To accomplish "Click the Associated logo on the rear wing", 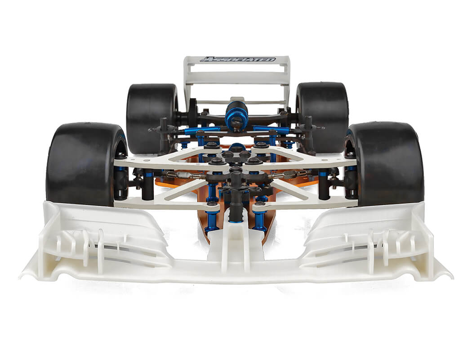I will click(x=238, y=59).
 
